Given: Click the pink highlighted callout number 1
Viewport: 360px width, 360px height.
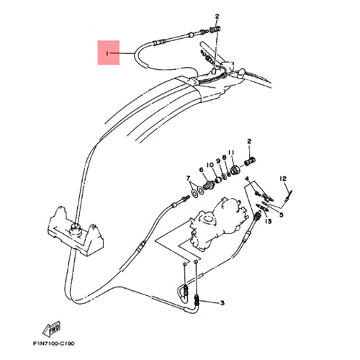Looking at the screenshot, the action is click(x=107, y=53).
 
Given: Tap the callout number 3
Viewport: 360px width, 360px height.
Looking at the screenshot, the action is click(x=222, y=303).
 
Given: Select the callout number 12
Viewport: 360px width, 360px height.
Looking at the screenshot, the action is click(x=283, y=179).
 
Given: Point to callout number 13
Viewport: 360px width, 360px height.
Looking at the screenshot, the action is click(x=269, y=221).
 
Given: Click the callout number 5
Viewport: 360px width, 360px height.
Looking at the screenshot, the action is click(x=282, y=215).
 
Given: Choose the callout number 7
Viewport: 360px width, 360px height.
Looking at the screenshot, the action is click(x=188, y=178).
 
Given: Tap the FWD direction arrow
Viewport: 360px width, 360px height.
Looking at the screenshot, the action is click(x=52, y=329).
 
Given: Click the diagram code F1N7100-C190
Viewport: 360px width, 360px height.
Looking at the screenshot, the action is click(x=54, y=343).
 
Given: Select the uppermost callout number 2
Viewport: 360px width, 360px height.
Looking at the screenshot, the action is click(x=217, y=17).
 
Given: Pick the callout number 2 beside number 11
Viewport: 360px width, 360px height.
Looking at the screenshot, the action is click(x=249, y=141).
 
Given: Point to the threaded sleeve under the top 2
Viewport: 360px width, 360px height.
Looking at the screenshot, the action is click(x=215, y=30).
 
